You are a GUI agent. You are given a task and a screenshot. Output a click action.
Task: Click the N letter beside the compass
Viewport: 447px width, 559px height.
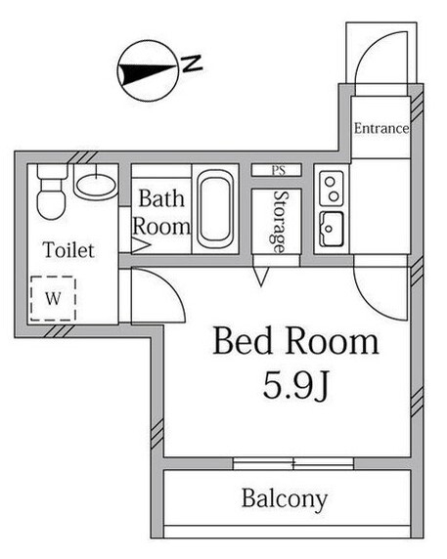pyautogui.click(x=193, y=64)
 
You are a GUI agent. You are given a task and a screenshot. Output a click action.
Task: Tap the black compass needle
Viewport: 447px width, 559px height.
pyautogui.click(x=148, y=72)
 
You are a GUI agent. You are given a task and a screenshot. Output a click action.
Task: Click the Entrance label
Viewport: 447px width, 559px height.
pyautogui.click(x=381, y=128)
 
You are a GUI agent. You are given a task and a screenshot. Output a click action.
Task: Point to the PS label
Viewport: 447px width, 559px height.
pyautogui.click(x=279, y=170)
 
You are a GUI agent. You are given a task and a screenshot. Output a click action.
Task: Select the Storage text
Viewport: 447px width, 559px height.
pyautogui.click(x=279, y=222)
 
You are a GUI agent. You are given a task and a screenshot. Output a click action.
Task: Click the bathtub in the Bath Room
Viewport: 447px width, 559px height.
pyautogui.click(x=215, y=209)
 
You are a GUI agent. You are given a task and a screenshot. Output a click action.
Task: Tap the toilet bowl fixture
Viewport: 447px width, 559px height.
pyautogui.click(x=52, y=193)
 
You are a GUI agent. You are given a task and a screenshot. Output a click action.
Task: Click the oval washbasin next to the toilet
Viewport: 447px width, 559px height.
pyautogui.click(x=96, y=186)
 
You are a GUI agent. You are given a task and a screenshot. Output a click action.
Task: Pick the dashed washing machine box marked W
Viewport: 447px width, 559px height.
pyautogui.click(x=53, y=298)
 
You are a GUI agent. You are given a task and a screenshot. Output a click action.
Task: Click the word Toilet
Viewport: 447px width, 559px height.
pyautogui.click(x=68, y=249)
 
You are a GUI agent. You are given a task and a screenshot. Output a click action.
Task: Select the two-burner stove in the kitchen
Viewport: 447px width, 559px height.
pyautogui.click(x=332, y=189)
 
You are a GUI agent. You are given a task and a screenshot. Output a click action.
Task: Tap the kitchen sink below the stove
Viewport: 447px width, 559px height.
pyautogui.click(x=332, y=230)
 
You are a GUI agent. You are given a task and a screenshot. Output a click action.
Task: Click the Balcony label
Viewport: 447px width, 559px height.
pyautogui.click(x=285, y=498)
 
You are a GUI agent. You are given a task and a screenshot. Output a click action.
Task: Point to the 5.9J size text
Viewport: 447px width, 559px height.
pyautogui.click(x=295, y=385)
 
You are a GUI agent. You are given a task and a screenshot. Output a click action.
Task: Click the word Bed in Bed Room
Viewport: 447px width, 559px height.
pyautogui.click(x=243, y=340)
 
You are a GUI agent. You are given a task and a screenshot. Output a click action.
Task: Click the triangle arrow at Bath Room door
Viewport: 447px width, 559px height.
pyautogui.click(x=141, y=246)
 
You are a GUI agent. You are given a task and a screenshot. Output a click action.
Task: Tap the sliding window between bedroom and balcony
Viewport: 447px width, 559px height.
pyautogui.click(x=293, y=464)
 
